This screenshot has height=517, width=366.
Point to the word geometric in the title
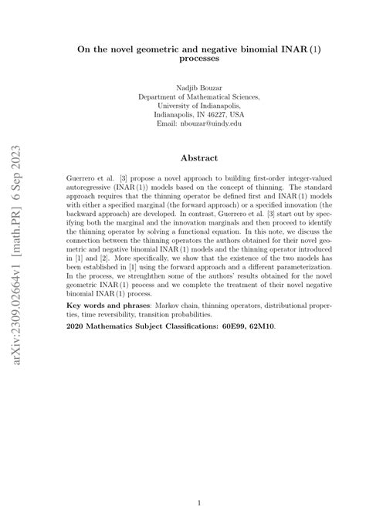click(x=155, y=46)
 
